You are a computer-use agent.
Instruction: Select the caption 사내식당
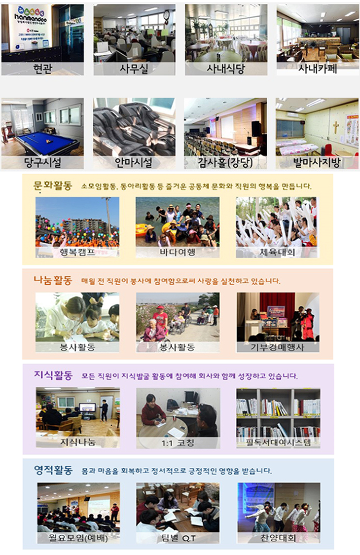(226, 68)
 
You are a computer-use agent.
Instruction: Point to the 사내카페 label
(318, 68)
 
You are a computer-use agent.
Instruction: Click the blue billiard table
(47, 143)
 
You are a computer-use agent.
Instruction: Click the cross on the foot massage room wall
(336, 127)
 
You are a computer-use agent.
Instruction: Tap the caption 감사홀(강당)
(225, 161)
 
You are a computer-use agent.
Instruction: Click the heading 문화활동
(53, 186)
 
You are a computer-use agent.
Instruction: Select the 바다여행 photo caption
(178, 252)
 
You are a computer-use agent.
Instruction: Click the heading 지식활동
(53, 376)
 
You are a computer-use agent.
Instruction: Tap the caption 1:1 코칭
(178, 443)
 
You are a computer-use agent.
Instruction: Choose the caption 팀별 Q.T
(178, 537)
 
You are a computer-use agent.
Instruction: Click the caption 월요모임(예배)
(78, 537)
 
